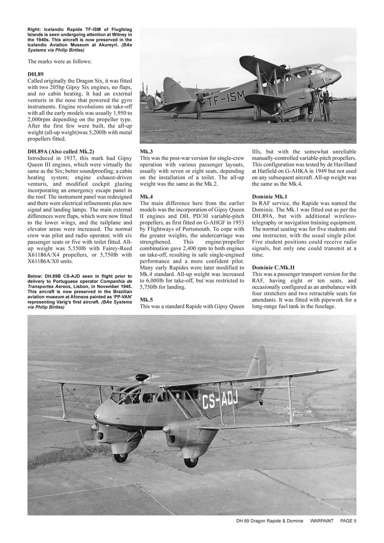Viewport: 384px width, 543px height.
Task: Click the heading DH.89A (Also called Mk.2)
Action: (61, 151)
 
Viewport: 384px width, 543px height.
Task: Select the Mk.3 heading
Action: (146, 151)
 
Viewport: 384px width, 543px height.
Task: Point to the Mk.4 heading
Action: (146, 197)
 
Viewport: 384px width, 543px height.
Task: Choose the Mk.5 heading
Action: (146, 299)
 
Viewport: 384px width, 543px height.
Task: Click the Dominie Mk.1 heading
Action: (270, 197)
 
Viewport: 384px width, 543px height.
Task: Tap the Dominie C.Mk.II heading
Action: (273, 267)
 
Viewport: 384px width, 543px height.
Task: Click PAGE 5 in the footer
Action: (348, 521)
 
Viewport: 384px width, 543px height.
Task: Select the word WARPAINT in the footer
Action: (322, 521)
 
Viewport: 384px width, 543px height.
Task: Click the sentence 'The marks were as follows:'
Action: (59, 61)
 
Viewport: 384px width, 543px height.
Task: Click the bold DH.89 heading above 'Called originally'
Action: (36, 74)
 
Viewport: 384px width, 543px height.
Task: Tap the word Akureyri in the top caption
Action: (106, 45)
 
